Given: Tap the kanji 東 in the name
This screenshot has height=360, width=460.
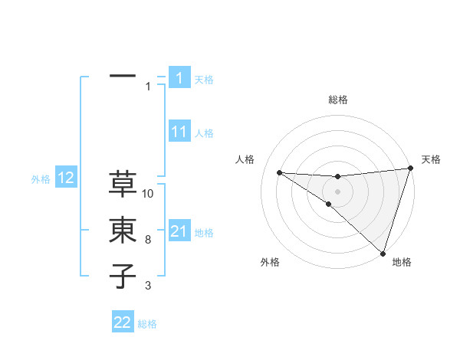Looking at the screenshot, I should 123,231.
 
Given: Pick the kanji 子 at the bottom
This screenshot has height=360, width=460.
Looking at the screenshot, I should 123,276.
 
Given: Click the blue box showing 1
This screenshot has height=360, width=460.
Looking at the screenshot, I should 179,77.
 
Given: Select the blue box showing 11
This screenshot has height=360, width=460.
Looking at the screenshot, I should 179,132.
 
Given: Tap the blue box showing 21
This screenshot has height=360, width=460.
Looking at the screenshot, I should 179,231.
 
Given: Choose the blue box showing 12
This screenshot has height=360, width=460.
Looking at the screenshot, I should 65,178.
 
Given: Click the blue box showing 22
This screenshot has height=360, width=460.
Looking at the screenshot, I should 123,322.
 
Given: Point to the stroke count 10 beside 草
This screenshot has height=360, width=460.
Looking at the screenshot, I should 148,194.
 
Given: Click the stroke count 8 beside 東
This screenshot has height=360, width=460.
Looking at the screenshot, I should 148,240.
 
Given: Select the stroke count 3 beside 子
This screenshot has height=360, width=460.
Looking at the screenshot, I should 148,286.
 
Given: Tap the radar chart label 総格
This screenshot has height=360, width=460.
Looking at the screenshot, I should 338,100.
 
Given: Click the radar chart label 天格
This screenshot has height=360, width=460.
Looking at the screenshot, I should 431,159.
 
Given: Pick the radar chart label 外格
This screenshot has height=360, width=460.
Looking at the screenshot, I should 269,262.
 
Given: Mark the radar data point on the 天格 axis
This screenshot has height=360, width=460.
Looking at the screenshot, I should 410,169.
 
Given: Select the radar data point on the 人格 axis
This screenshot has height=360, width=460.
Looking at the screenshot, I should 279,172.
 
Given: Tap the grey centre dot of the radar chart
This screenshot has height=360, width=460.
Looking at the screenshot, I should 338,191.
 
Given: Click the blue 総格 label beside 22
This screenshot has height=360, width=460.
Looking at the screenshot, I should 147,324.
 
